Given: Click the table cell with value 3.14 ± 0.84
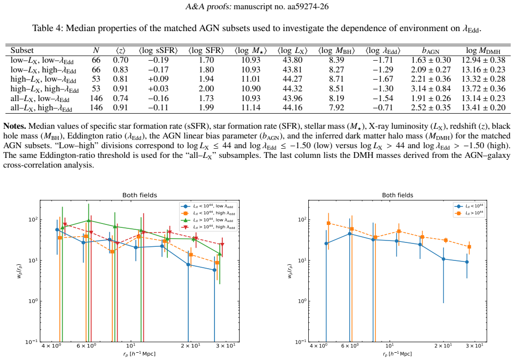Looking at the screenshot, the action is click(x=431, y=89).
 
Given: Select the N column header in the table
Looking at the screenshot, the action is click(x=96, y=51).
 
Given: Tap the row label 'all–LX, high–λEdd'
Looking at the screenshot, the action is click(x=41, y=108).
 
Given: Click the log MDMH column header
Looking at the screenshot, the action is click(x=483, y=51).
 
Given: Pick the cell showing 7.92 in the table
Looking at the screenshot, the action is click(x=337, y=108).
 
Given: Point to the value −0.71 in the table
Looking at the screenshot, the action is click(x=383, y=108).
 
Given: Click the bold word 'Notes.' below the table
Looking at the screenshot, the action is click(x=15, y=126).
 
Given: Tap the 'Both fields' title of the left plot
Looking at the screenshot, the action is click(x=140, y=195).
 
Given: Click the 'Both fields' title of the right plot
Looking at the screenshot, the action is click(x=398, y=195).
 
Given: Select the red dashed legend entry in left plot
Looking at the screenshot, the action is click(x=208, y=227).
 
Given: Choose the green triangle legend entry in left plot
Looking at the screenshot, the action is click(x=208, y=220).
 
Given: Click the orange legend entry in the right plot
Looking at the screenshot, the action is click(x=469, y=213).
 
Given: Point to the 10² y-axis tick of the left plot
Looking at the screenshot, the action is click(x=33, y=220).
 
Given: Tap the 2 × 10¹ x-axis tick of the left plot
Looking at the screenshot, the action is click(x=191, y=346).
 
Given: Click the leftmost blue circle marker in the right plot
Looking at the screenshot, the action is click(x=326, y=243).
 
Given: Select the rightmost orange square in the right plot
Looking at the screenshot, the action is click(x=469, y=247).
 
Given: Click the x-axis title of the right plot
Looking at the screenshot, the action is click(x=397, y=354).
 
